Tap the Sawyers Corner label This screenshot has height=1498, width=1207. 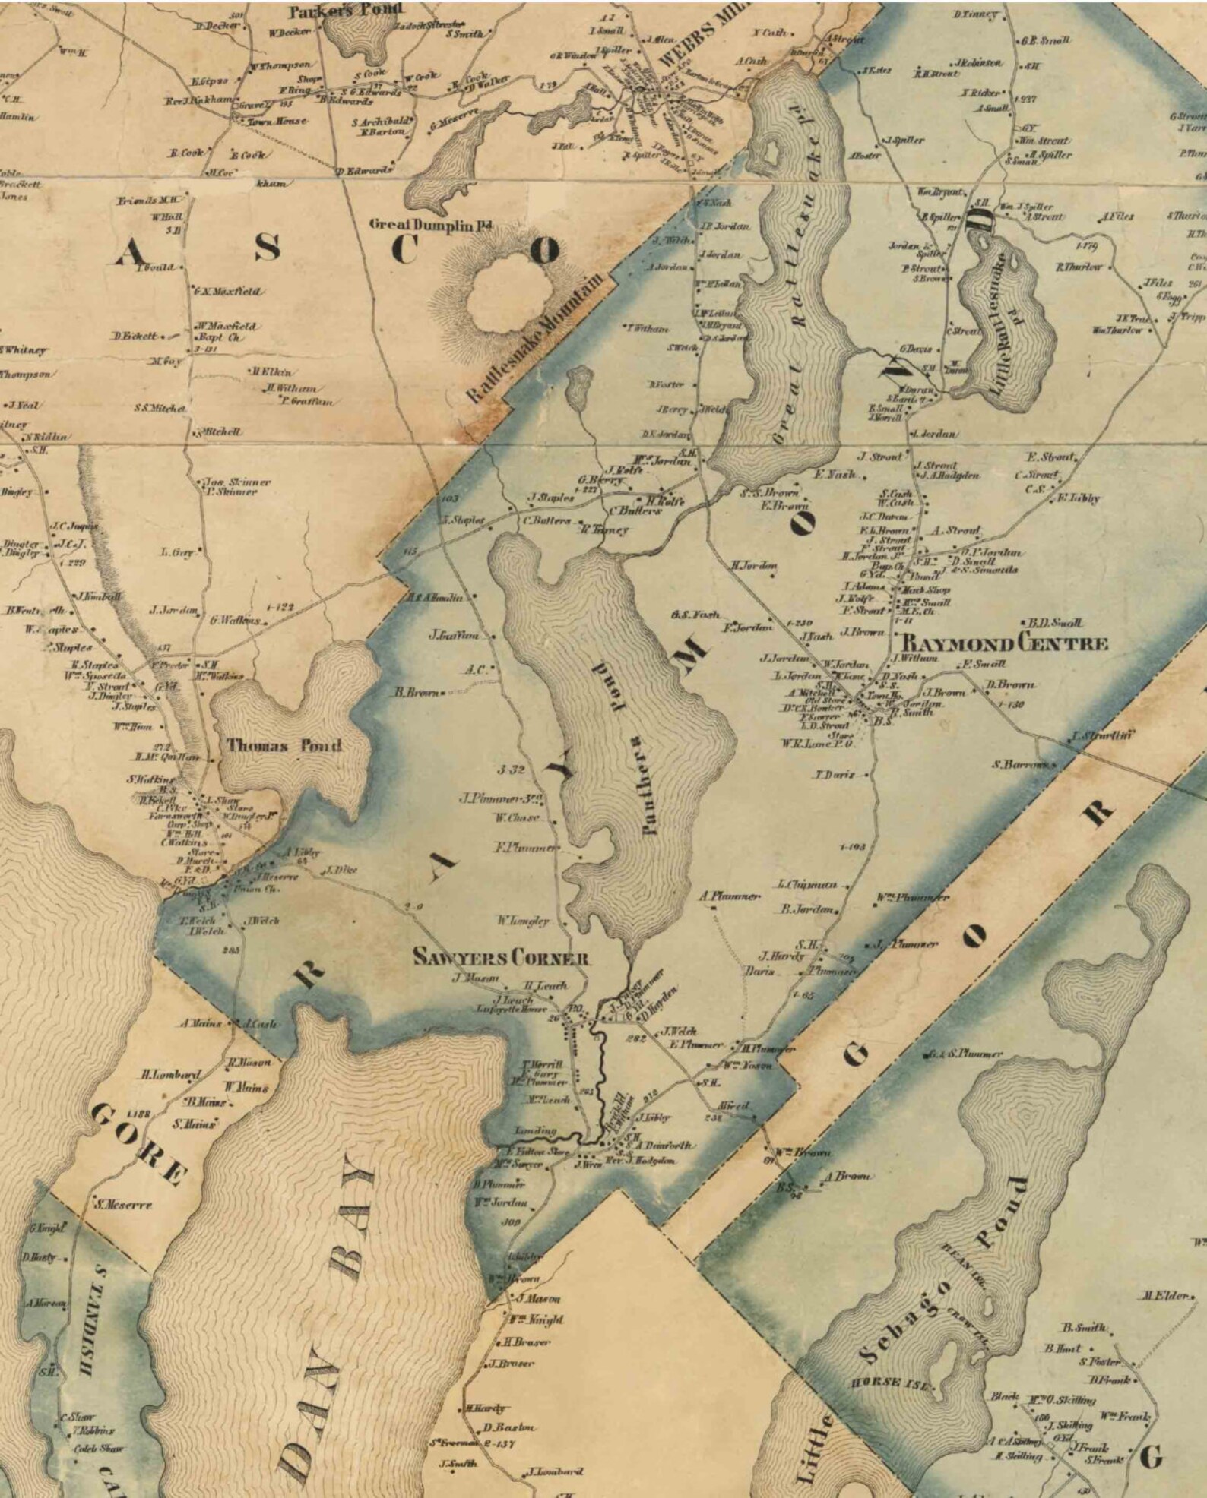[x=501, y=957]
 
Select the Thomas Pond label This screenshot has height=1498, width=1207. [x=284, y=745]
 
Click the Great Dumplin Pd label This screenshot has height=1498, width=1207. [x=431, y=225]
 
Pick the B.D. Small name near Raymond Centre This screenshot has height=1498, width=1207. [x=1055, y=623]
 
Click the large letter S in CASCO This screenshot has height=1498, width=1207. [x=266, y=247]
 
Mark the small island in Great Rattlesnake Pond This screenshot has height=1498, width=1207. [x=774, y=151]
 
